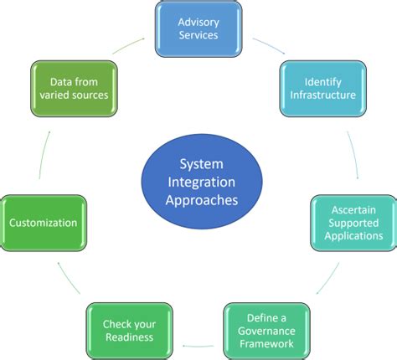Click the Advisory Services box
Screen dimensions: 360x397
tap(198, 28)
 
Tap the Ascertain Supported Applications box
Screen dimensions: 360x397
tap(352, 223)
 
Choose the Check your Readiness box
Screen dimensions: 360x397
tap(129, 332)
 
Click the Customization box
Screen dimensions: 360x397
tap(43, 223)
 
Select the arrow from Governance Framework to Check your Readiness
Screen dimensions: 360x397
tap(198, 342)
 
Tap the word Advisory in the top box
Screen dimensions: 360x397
tap(198, 21)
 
